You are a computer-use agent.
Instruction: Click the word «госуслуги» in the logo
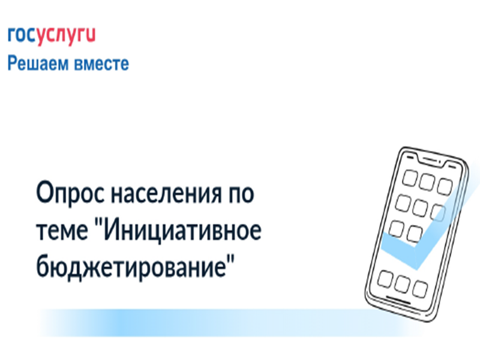(x=52, y=37)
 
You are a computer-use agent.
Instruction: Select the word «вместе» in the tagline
(x=103, y=64)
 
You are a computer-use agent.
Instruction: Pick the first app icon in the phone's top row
(x=410, y=178)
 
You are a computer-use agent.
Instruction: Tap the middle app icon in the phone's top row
(x=427, y=182)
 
